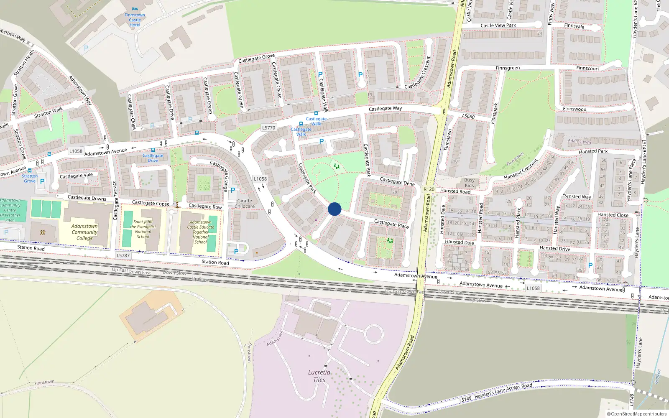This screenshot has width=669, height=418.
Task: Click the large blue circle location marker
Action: (334, 209)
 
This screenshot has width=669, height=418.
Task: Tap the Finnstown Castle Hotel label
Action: (135, 20)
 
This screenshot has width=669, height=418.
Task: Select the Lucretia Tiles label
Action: (319, 376)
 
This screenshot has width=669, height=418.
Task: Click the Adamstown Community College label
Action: (84, 232)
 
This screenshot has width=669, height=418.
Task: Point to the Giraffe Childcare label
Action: (245, 204)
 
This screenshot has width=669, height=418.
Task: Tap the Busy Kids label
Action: (470, 183)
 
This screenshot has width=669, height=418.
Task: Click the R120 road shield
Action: (429, 189)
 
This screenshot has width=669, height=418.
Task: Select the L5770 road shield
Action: (268, 128)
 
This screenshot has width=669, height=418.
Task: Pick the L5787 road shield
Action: (123, 255)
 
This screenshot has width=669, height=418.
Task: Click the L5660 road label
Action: (468, 116)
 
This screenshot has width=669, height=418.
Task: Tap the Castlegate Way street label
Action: (385, 109)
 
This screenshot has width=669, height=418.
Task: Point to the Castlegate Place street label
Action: (391, 224)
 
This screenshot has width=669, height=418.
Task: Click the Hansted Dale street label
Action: (460, 242)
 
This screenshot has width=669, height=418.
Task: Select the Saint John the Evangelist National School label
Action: (143, 229)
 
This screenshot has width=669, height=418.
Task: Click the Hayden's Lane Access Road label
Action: (503, 392)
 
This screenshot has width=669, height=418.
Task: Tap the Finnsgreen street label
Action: (508, 68)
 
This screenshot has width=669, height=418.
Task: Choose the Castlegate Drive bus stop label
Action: (153, 158)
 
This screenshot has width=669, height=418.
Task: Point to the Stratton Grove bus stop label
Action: (30, 178)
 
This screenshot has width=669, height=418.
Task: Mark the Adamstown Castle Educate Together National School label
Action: (201, 232)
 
